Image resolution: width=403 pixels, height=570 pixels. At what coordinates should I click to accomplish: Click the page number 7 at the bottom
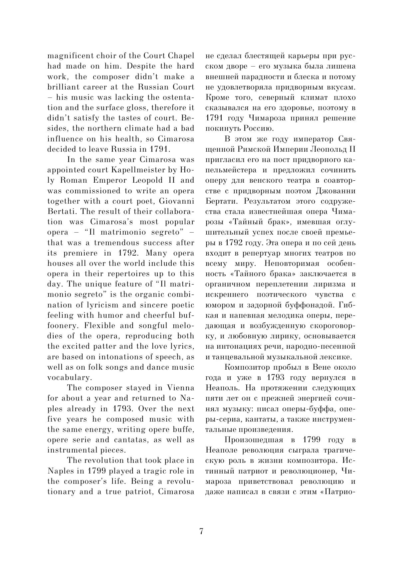(x=201, y=531)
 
